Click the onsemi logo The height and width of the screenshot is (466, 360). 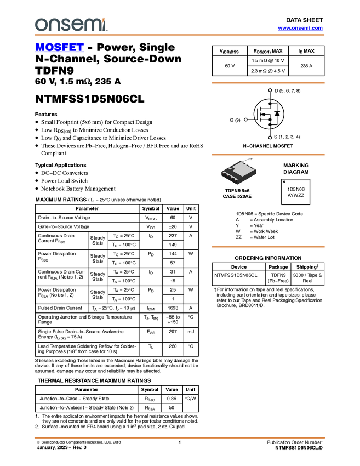pyautogui.click(x=71, y=25)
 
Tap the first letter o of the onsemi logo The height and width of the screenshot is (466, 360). pyautogui.click(x=39, y=25)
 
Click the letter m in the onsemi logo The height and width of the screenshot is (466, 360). pyautogui.click(x=94, y=25)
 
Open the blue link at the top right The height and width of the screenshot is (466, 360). pyautogui.click(x=300, y=28)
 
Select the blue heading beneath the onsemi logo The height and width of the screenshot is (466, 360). pyautogui.click(x=59, y=48)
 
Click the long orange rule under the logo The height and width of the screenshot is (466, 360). pyautogui.click(x=180, y=35)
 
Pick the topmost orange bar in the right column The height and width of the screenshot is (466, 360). pyautogui.click(x=268, y=83)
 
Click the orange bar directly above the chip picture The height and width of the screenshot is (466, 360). pyautogui.click(x=268, y=155)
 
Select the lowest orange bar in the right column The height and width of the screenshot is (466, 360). pyautogui.click(x=268, y=247)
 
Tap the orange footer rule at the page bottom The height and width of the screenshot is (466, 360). pyautogui.click(x=180, y=437)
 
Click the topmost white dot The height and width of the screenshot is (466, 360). pyautogui.click(x=270, y=90)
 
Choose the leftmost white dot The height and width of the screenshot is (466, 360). pyautogui.click(x=245, y=120)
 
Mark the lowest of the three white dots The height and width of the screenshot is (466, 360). pyautogui.click(x=270, y=138)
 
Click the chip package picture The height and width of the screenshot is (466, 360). pyautogui.click(x=239, y=172)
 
